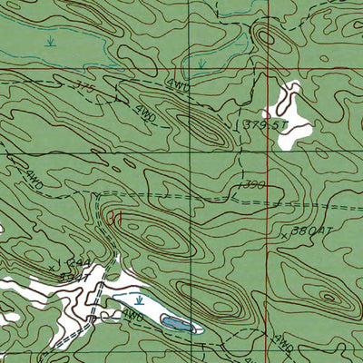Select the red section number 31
click(x=113, y=218)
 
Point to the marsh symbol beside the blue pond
click(x=139, y=299)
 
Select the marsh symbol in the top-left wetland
click(x=50, y=41)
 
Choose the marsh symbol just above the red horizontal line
click(x=201, y=64)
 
